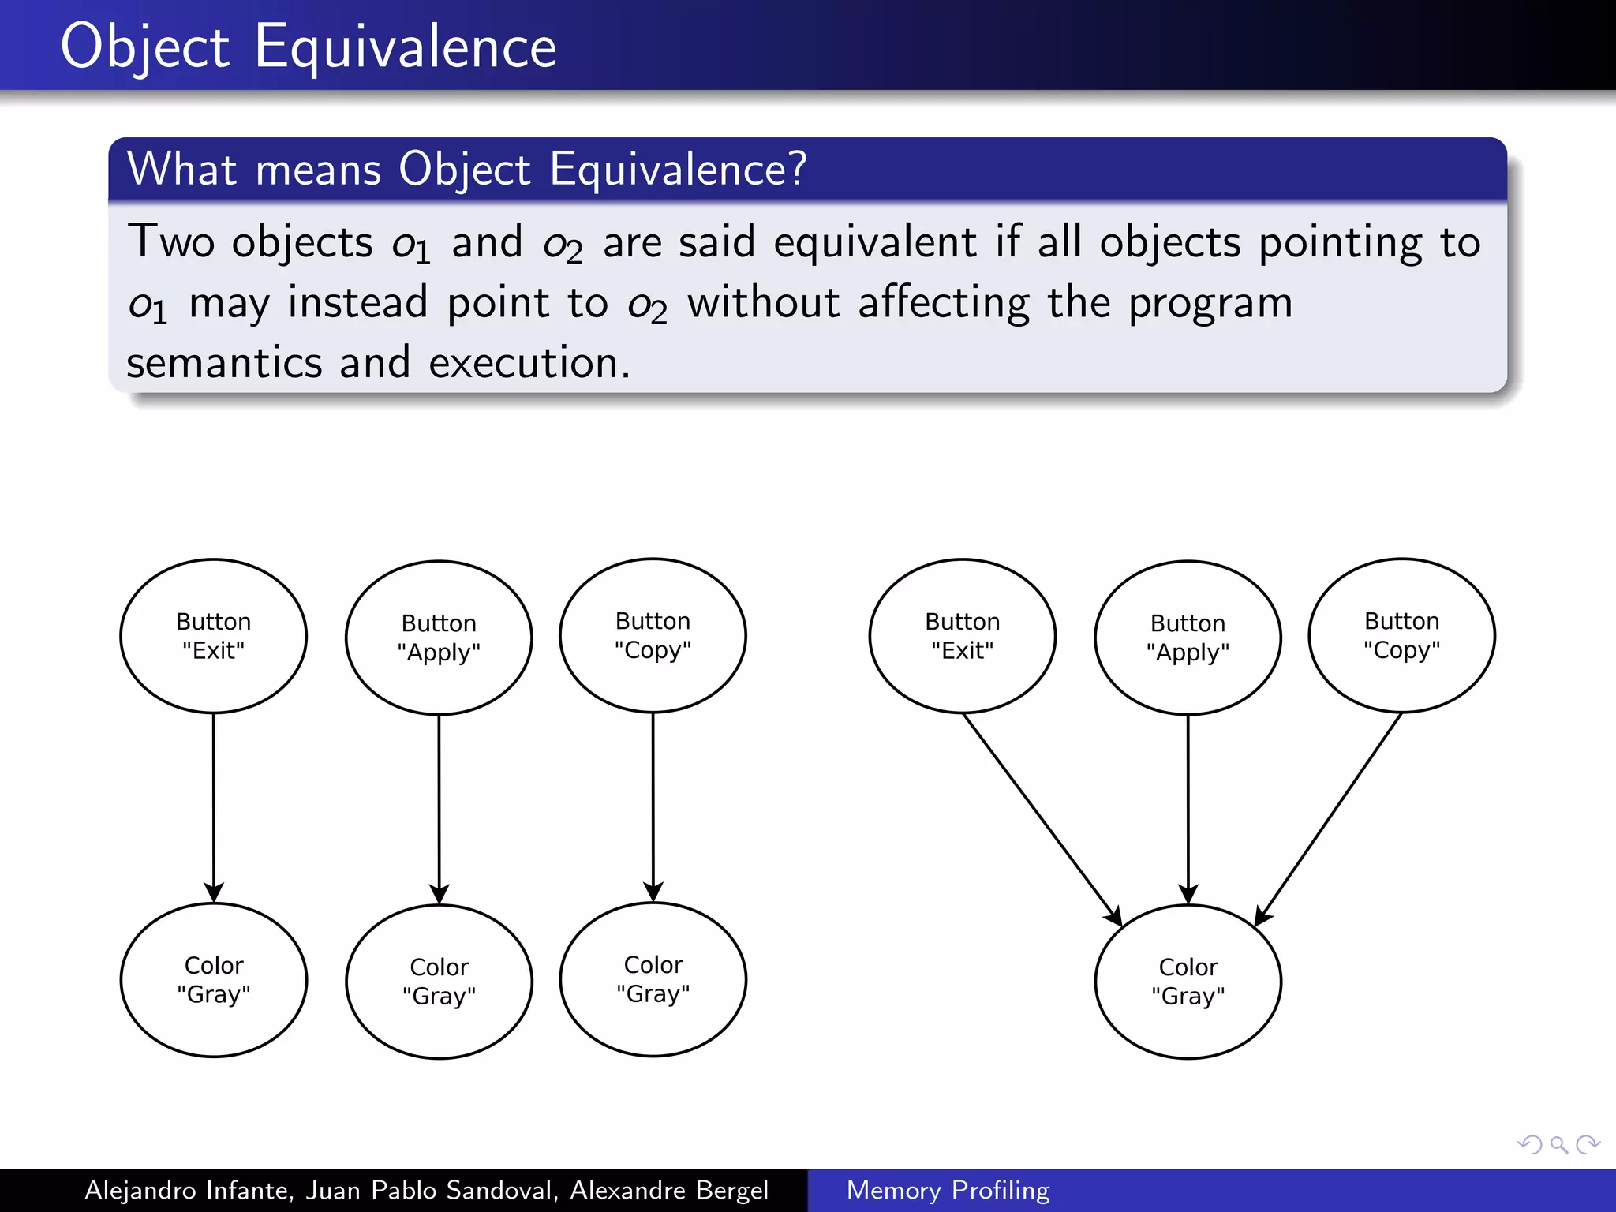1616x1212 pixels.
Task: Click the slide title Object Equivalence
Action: [x=308, y=47]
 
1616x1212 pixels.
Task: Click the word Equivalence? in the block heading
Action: [x=679, y=169]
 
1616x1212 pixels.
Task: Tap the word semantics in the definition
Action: [x=224, y=363]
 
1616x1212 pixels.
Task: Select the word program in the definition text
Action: [x=1210, y=304]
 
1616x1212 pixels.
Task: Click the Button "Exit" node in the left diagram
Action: [x=213, y=636]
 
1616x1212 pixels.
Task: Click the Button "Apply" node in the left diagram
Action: [x=439, y=638]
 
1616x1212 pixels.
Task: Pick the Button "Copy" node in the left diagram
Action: [x=653, y=635]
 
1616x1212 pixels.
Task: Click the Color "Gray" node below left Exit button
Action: [x=213, y=979]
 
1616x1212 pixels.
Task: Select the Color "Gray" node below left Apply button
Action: [x=439, y=981]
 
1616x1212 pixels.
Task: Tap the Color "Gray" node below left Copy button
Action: [x=653, y=978]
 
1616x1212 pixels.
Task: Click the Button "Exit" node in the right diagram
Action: [x=962, y=636]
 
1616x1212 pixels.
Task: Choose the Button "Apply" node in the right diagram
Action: [x=1188, y=638]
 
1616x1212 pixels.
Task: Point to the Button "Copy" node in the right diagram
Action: [x=1401, y=635]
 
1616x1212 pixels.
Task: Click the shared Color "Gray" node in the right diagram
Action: [x=1188, y=981]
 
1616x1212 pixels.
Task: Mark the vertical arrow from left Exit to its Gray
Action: [x=213, y=805]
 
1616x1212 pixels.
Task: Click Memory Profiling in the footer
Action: [x=948, y=1190]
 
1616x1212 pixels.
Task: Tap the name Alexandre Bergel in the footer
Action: [x=668, y=1190]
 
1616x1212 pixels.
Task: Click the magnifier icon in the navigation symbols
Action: [x=1558, y=1144]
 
